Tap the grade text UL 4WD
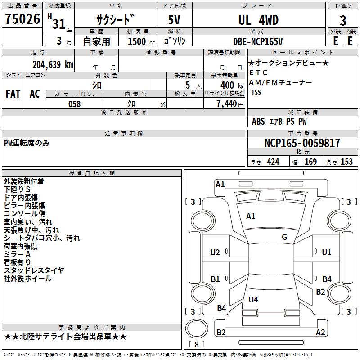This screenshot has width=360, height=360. coord(258,20)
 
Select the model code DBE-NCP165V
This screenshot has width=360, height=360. coord(258,41)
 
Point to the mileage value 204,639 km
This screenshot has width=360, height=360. coord(53,64)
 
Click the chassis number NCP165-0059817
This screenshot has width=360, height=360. coord(302,143)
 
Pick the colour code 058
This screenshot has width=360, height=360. coord(74,103)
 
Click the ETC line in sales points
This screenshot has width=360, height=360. coord(258,72)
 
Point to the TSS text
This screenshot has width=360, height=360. coord(256,92)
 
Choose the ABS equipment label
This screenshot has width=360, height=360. coord(258,121)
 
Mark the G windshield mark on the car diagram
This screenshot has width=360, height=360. coord(284,237)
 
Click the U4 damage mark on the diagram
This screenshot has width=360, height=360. coord(253,299)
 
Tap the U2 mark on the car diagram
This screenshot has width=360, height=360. coord(215,252)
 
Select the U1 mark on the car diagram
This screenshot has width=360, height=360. coord(327,252)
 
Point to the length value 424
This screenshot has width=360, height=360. coord(273,162)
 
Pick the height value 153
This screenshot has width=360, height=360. coord(346,162)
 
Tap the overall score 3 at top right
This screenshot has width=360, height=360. coord(343,20)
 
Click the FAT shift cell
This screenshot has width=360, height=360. coord(13,94)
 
